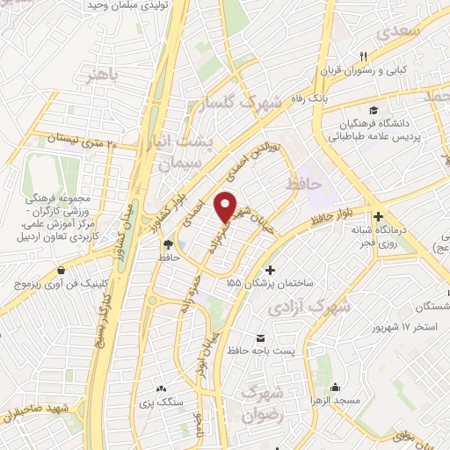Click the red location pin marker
point(227,206)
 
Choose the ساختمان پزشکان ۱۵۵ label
point(275,284)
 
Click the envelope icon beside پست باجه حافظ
point(260,338)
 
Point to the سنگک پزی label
point(160,402)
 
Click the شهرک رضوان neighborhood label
point(264,403)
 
